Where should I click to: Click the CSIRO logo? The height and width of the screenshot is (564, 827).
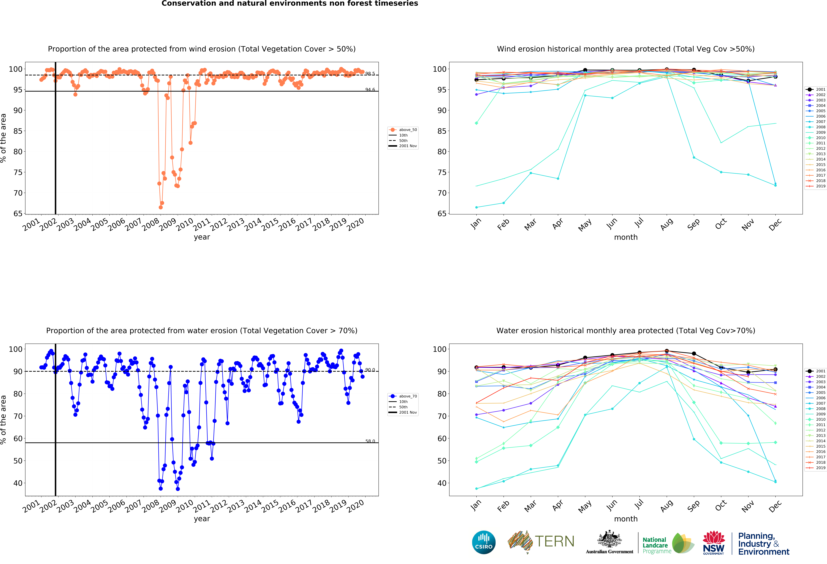484,542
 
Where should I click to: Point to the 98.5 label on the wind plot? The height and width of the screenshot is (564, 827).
370,74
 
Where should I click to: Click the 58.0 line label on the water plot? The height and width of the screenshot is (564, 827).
370,441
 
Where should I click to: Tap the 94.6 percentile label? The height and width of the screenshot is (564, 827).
370,90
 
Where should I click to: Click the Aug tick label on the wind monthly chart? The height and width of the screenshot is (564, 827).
666,224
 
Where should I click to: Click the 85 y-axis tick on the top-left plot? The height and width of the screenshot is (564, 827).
18,131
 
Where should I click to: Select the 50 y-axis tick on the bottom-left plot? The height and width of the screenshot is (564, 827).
18,461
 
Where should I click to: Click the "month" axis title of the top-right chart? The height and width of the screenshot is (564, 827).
626,237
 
